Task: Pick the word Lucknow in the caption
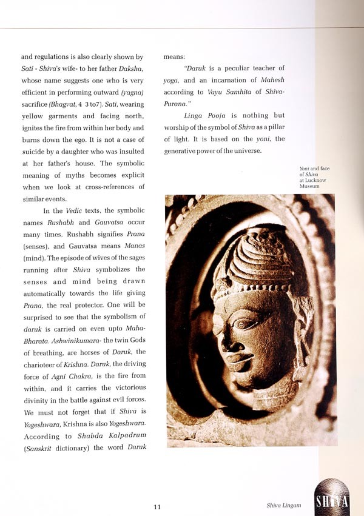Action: pos(309,181)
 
